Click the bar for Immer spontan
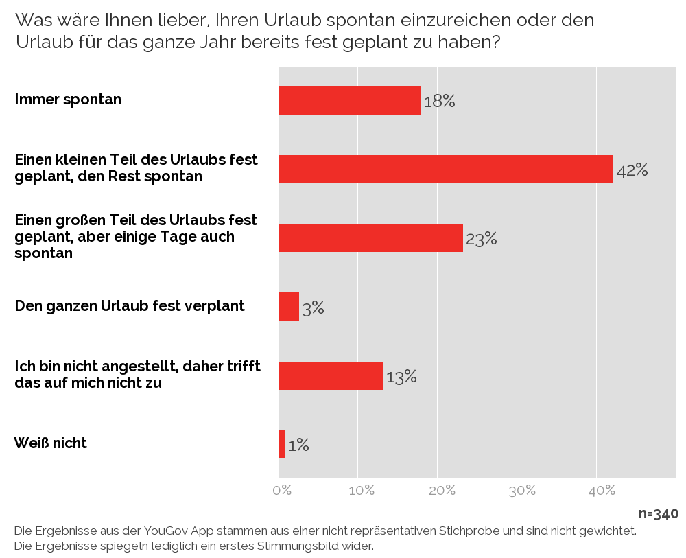point(349,100)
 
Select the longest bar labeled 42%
point(445,169)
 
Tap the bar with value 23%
point(370,237)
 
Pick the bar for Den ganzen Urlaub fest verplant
point(289,307)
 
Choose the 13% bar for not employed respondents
point(331,375)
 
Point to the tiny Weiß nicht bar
point(282,444)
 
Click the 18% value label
point(439,102)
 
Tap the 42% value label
point(632,170)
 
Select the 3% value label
point(313,308)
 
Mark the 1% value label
point(298,445)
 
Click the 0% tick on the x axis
point(282,491)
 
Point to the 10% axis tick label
point(362,491)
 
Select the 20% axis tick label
point(442,491)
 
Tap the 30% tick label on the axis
point(522,491)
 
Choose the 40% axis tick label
point(602,491)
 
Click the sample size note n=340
point(658,514)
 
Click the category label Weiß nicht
point(51,443)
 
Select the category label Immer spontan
point(68,100)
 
